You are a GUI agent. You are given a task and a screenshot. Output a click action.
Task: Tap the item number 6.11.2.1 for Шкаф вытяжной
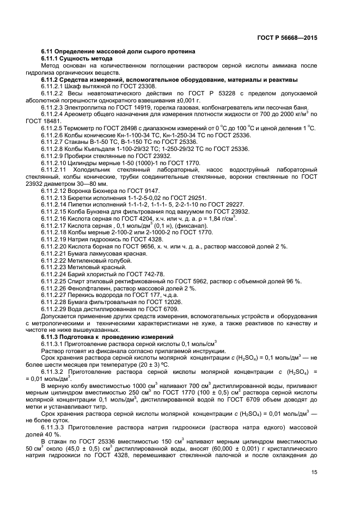[53, 86]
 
